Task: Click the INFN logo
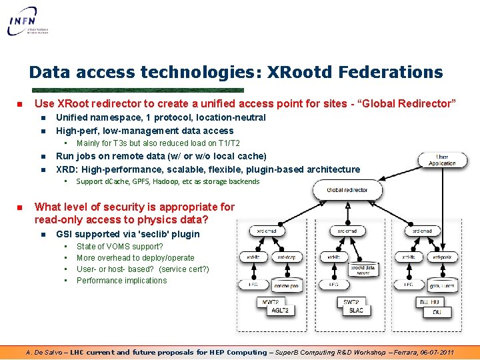pos(30,21)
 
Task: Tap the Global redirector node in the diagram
pos(347,190)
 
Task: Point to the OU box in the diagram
pos(436,312)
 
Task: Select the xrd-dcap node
pos(286,257)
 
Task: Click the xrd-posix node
pos(441,257)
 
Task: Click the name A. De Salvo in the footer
pos(45,352)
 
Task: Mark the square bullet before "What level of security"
pos(20,207)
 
